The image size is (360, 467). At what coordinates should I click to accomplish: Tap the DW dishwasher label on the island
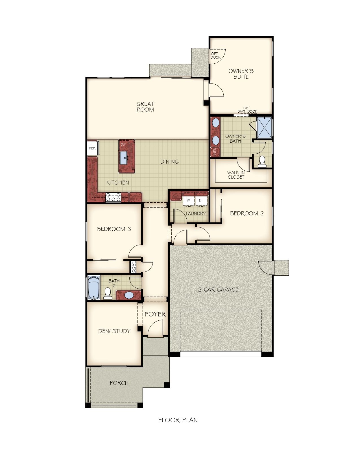click(x=123, y=144)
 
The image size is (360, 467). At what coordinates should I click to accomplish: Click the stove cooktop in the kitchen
click(x=114, y=197)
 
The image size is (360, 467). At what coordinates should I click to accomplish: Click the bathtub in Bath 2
click(x=94, y=288)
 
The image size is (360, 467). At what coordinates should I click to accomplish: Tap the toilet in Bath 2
click(x=108, y=294)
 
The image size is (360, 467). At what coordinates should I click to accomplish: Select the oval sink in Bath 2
click(x=129, y=295)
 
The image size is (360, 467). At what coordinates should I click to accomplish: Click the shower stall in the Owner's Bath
click(x=264, y=127)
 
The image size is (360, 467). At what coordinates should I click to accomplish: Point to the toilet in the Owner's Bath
click(x=262, y=161)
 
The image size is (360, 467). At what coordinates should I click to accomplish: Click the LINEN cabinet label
click(x=215, y=152)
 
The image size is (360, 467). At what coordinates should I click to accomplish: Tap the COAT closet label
click(x=134, y=267)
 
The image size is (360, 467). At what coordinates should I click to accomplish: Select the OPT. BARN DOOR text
click(x=247, y=110)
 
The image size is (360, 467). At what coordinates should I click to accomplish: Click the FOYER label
click(x=155, y=314)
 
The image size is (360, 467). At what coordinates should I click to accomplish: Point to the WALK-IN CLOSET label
click(x=236, y=175)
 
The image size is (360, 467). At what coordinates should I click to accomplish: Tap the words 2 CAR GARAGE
click(x=218, y=290)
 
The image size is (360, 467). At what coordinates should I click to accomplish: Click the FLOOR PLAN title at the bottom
click(x=178, y=420)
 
